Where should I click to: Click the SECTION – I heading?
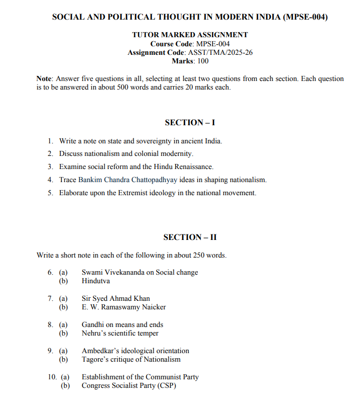(190, 122)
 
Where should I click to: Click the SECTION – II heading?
(190, 237)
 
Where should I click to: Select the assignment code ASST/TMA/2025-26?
(220, 52)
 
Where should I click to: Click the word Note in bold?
(44, 78)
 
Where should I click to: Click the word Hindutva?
(96, 281)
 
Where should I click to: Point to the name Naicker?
(153, 307)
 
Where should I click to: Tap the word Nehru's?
(95, 333)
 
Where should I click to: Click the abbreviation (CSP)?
(166, 385)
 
